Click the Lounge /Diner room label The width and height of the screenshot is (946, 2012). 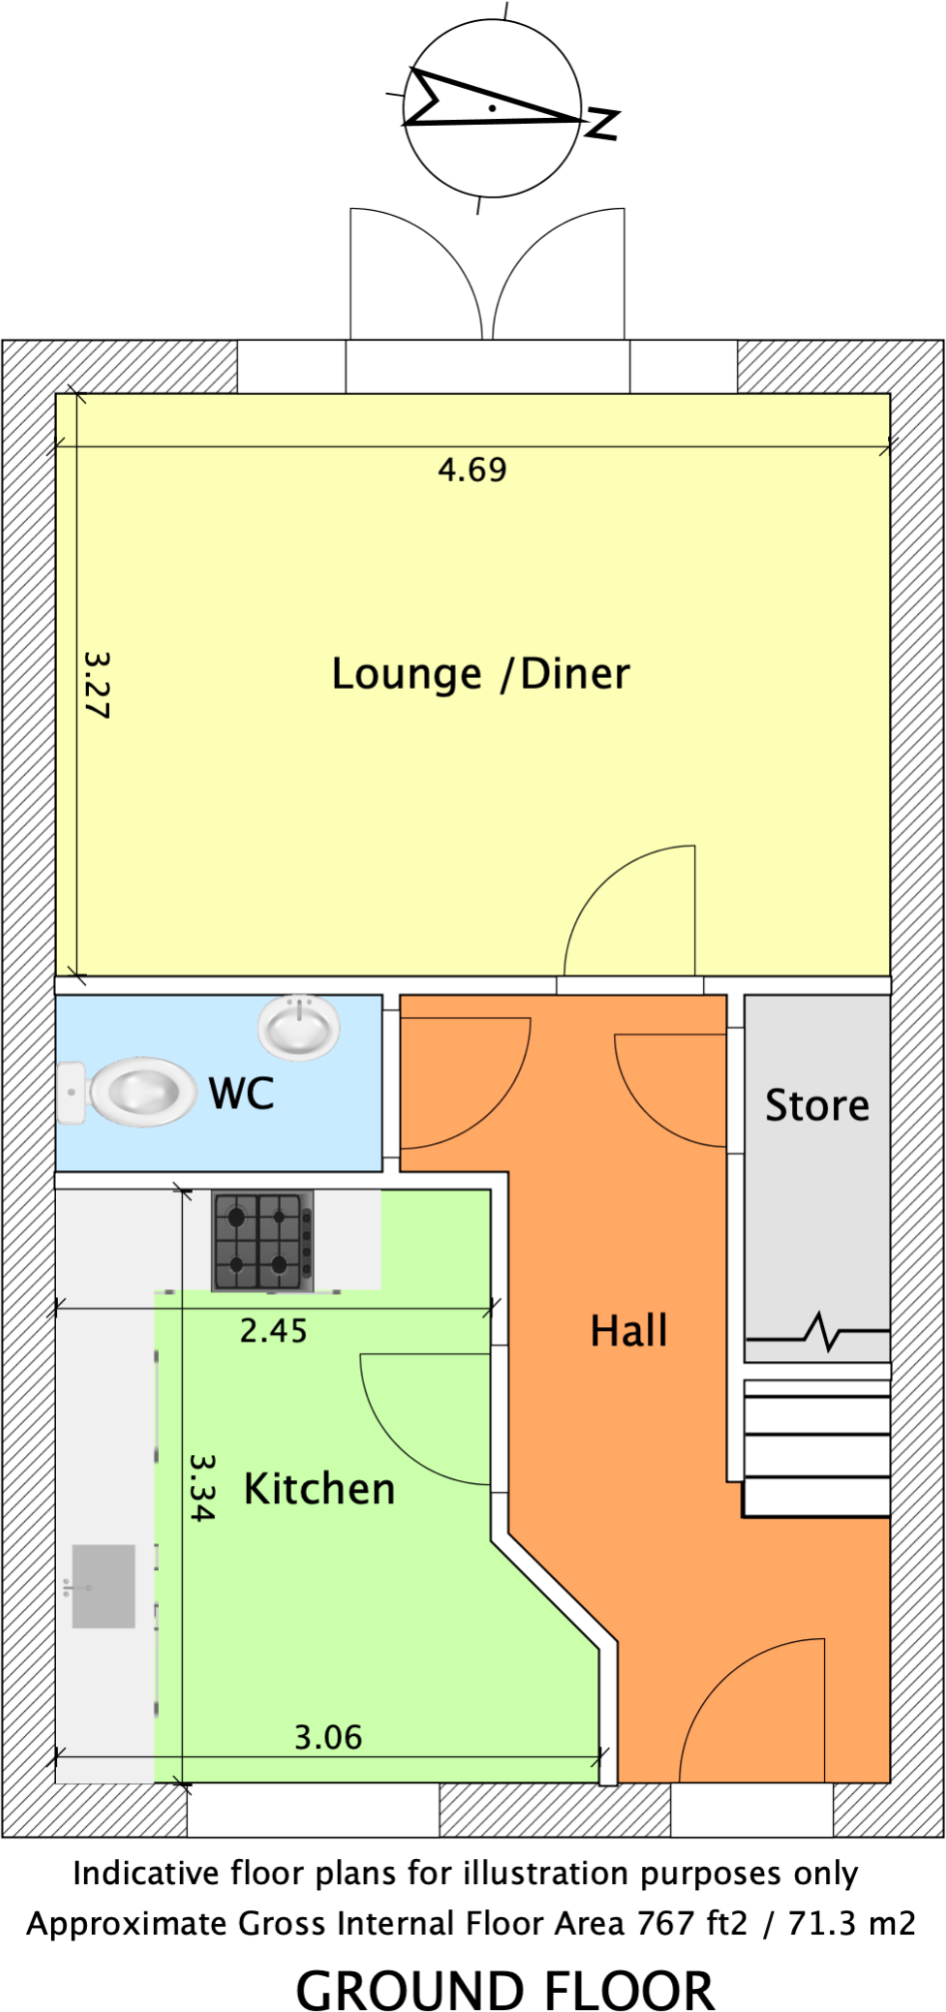click(x=480, y=675)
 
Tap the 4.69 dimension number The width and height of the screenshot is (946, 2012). click(x=473, y=470)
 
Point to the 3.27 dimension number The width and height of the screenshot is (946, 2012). click(x=97, y=686)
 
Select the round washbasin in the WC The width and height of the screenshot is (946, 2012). click(x=299, y=1026)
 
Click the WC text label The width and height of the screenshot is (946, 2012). click(x=242, y=1093)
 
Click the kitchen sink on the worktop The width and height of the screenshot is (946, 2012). click(x=103, y=1586)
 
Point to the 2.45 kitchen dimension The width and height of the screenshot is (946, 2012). click(x=273, y=1331)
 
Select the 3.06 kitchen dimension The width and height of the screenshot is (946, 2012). click(x=328, y=1738)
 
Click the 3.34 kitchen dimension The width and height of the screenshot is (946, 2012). click(x=203, y=1487)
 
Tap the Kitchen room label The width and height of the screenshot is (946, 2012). click(x=320, y=1489)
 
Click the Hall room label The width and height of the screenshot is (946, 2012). click(x=628, y=1331)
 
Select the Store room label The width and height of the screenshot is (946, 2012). click(x=817, y=1105)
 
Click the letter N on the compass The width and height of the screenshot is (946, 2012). click(x=602, y=123)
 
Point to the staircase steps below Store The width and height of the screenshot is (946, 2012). click(x=817, y=1449)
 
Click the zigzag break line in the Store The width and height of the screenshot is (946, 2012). click(x=824, y=1331)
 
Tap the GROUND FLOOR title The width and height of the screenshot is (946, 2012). click(x=505, y=1987)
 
